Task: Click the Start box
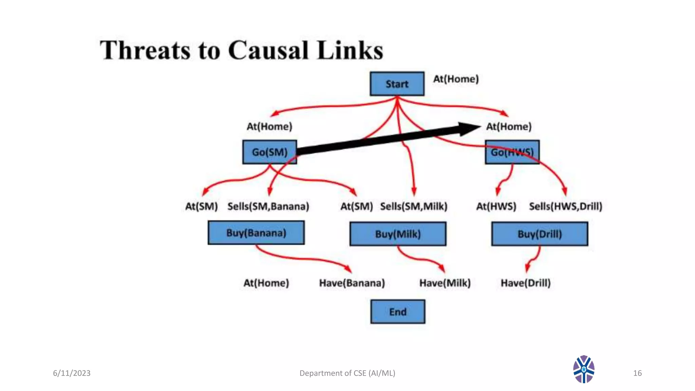[x=397, y=84]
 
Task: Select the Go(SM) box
[x=269, y=152]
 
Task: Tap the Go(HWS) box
[x=512, y=152]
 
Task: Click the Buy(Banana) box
[x=256, y=233]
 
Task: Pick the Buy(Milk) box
[x=398, y=234]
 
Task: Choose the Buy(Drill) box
[x=540, y=234]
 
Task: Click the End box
[x=397, y=312]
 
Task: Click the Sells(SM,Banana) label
[x=268, y=206]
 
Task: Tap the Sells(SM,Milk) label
[x=414, y=206]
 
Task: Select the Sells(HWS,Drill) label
[x=565, y=206]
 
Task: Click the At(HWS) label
[x=496, y=206]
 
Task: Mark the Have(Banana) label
[x=352, y=283]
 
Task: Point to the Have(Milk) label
[x=445, y=283]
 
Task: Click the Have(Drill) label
[x=526, y=283]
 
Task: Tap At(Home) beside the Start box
[x=456, y=79]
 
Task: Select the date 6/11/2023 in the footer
[x=72, y=373]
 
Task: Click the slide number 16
[x=637, y=373]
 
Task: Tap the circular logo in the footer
[x=584, y=369]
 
